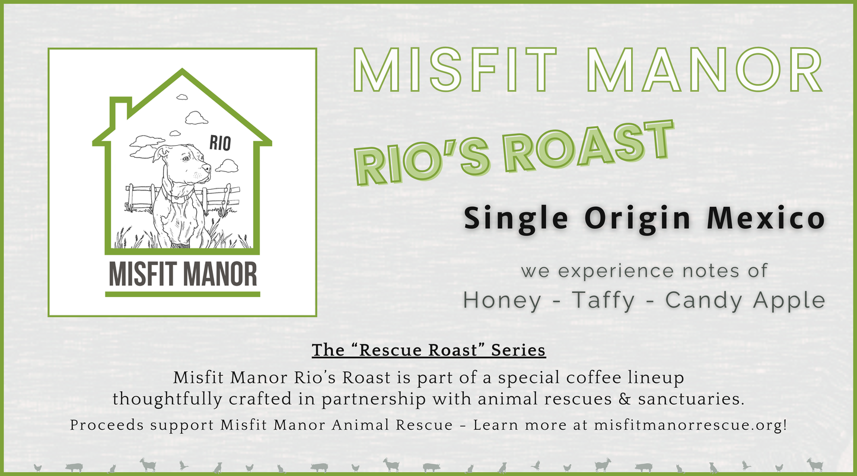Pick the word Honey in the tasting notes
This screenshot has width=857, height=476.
pyautogui.click(x=502, y=301)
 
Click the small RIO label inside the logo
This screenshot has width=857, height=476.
pyautogui.click(x=220, y=142)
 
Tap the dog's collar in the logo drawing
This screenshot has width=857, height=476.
pyautogui.click(x=178, y=193)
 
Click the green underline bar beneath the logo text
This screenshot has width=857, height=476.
pyautogui.click(x=183, y=293)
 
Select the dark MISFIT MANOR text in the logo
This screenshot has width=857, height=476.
pyautogui.click(x=183, y=274)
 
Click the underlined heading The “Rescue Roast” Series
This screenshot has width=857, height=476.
pyautogui.click(x=428, y=350)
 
